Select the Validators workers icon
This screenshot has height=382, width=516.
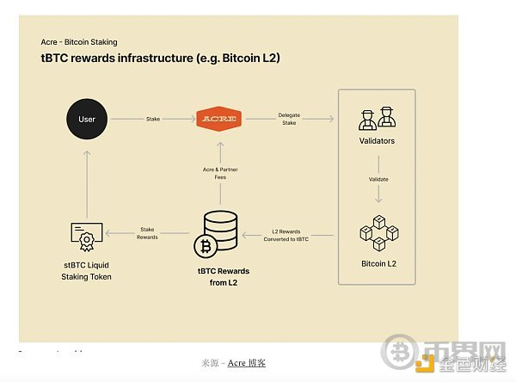(x=377, y=119)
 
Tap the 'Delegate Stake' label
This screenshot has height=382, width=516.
(x=289, y=120)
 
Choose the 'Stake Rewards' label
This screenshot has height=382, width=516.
(x=147, y=233)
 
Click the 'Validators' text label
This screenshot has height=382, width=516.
(x=377, y=140)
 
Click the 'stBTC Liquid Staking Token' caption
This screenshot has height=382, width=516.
(x=86, y=270)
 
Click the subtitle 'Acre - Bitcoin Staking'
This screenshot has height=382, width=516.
(x=79, y=41)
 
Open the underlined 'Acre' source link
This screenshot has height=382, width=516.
(x=236, y=363)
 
